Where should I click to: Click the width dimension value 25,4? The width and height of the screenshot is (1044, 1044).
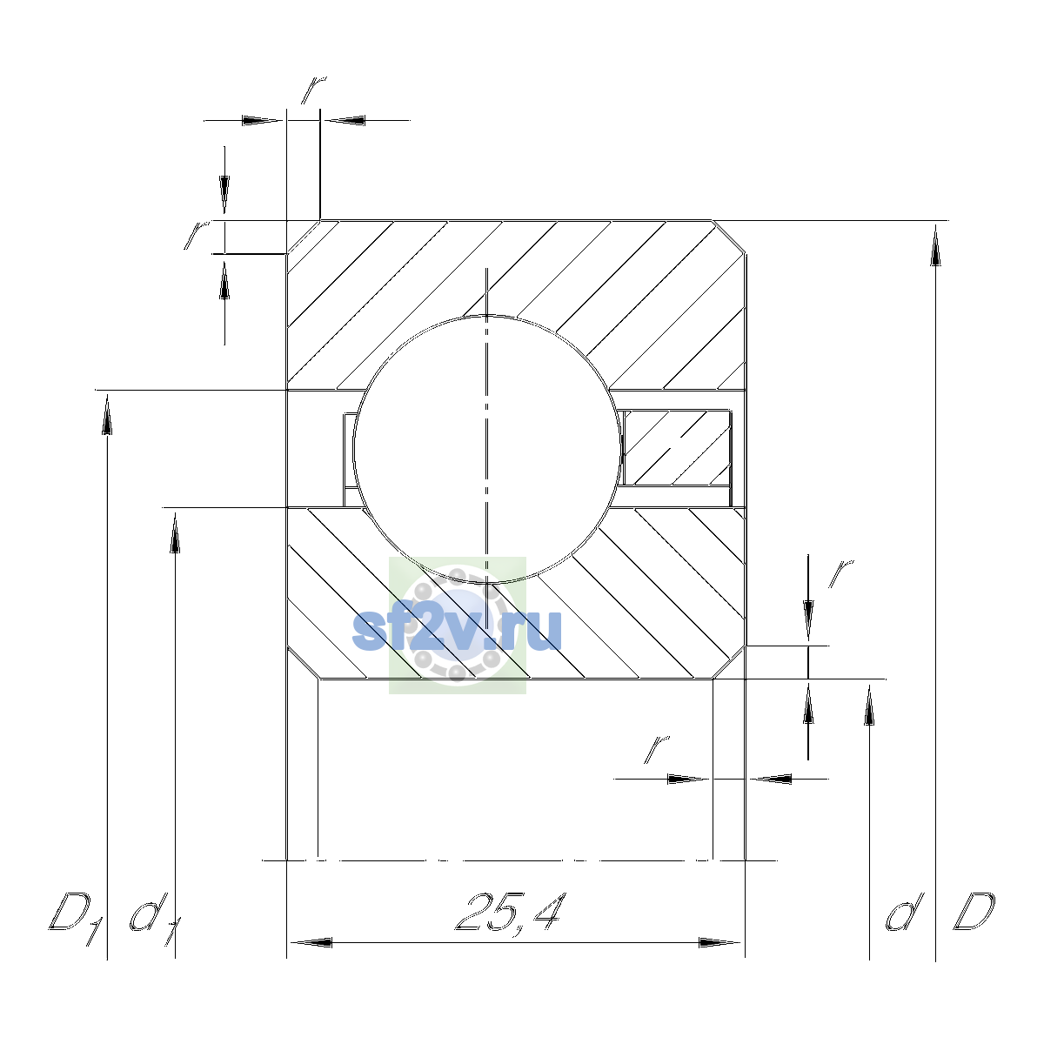(512, 911)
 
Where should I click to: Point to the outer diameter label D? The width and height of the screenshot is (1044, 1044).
(974, 911)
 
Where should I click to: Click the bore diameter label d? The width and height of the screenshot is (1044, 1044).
(904, 911)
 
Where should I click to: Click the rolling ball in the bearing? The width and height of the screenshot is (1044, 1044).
(486, 449)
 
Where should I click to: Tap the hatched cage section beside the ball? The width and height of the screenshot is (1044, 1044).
(677, 447)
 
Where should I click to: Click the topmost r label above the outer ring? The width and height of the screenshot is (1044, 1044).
(314, 90)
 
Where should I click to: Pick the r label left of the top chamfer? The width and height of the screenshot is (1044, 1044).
(196, 235)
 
